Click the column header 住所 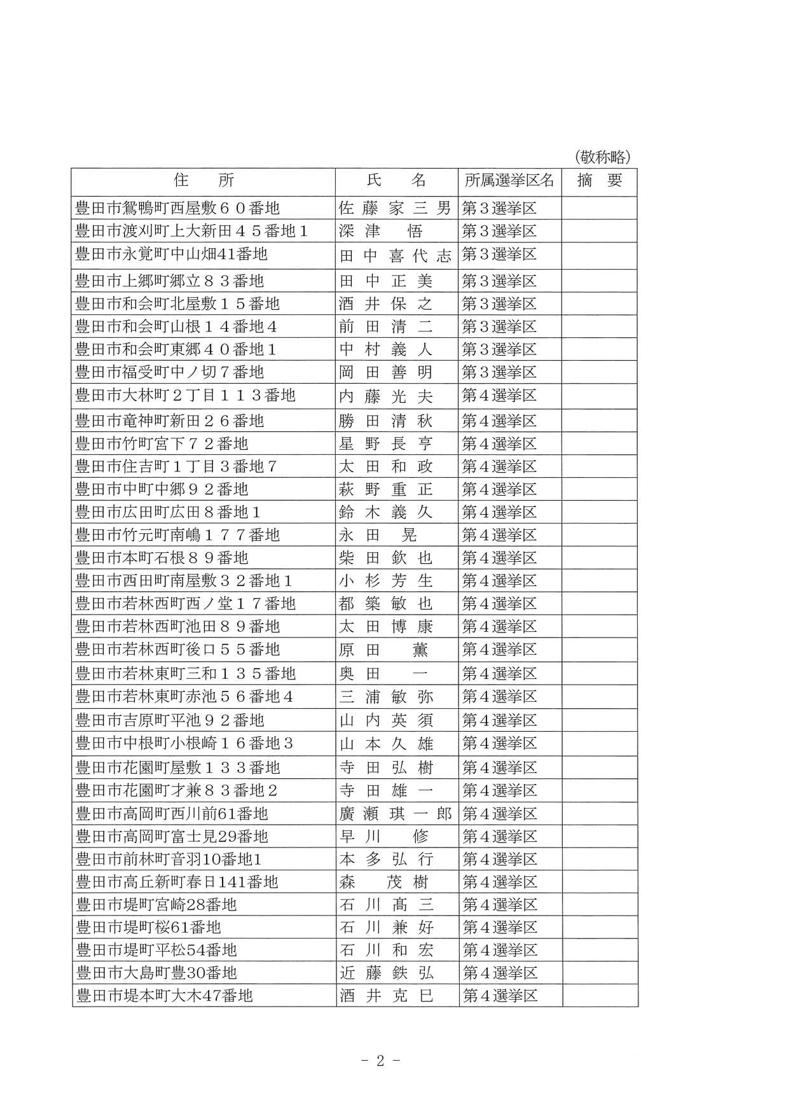(203, 181)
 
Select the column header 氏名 (396, 181)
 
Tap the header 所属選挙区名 (509, 181)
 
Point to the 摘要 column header (599, 181)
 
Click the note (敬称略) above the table (601, 157)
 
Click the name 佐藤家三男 (395, 208)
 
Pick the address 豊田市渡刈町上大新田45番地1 (191, 231)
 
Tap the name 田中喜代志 (395, 256)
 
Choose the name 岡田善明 (386, 372)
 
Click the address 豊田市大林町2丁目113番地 (185, 396)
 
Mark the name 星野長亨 (386, 443)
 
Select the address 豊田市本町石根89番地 (162, 558)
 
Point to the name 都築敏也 (386, 604)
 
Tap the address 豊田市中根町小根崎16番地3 (184, 744)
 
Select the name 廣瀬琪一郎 (395, 814)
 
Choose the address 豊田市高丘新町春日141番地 (177, 882)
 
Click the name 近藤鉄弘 (386, 973)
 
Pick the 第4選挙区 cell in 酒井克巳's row (500, 996)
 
